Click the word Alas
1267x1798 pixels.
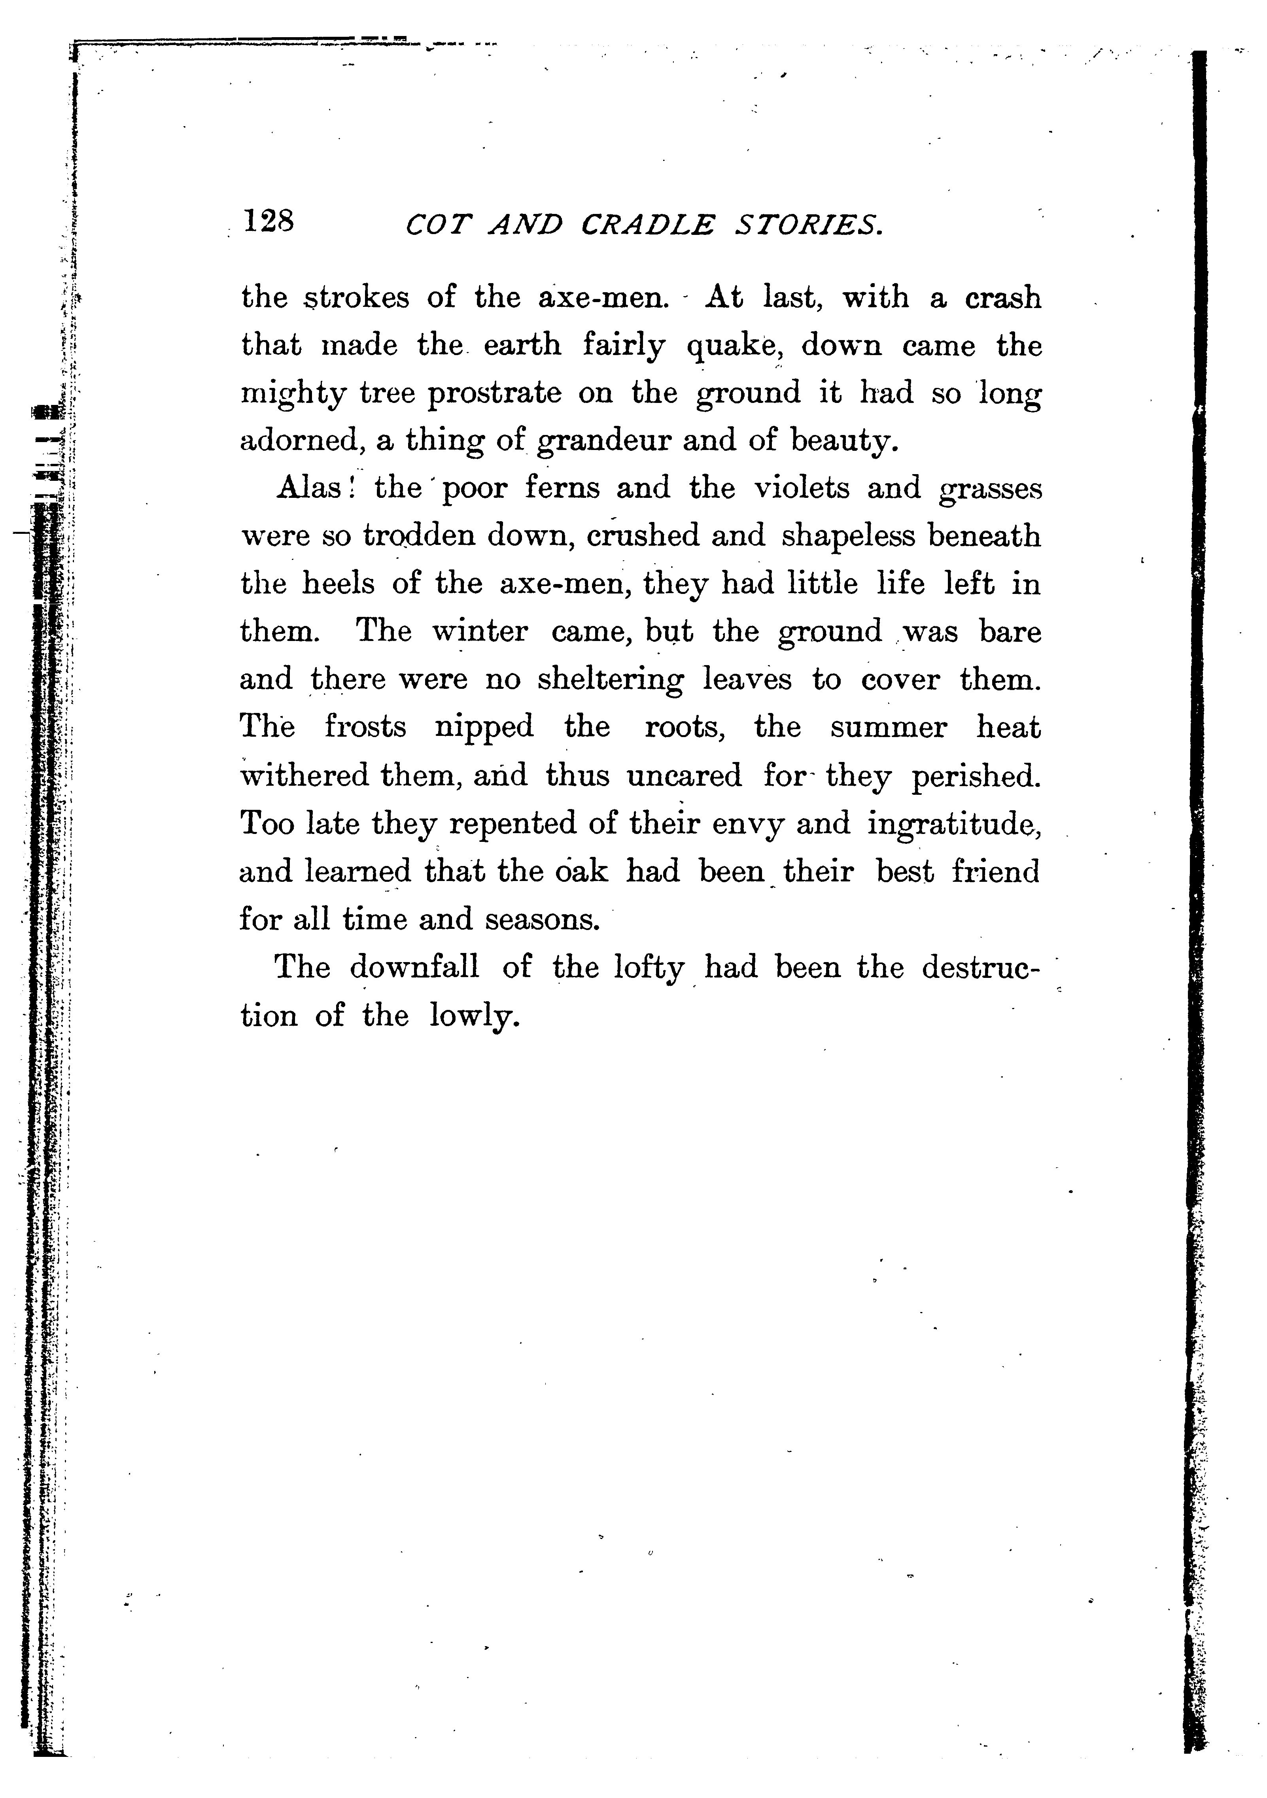(x=308, y=489)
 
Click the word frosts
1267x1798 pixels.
(x=366, y=728)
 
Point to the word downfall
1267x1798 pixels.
(x=414, y=968)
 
